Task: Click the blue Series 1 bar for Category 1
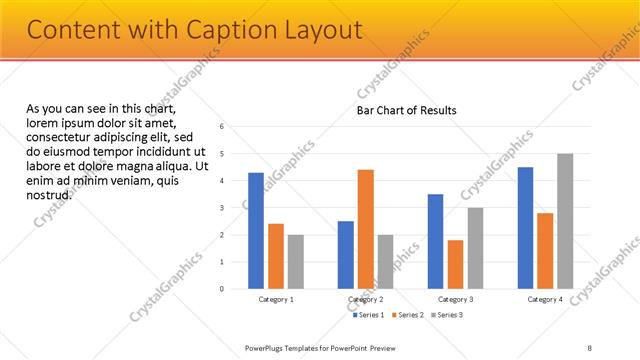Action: [x=256, y=231]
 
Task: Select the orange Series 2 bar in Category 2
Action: [x=366, y=229]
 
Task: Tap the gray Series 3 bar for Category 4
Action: [x=565, y=221]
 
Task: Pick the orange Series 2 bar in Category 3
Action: [x=456, y=264]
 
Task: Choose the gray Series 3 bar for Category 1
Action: [x=295, y=262]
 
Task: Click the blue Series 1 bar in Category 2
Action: [x=346, y=255]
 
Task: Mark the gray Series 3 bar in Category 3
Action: [x=475, y=248]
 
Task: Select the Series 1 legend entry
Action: [x=370, y=315]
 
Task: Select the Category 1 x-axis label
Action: [x=276, y=299]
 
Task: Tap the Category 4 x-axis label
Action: [x=545, y=299]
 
